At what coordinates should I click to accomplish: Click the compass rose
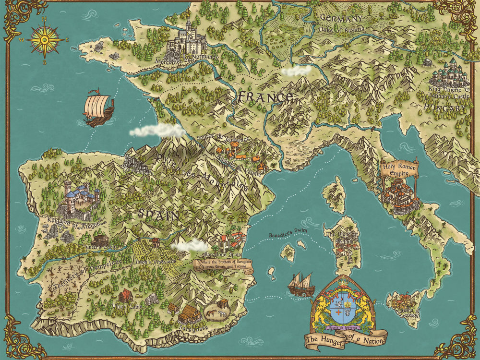(x=45, y=40)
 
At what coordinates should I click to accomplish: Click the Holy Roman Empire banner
(x=399, y=169)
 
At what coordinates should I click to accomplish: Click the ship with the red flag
(x=98, y=108)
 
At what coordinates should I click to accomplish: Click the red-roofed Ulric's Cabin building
(x=125, y=296)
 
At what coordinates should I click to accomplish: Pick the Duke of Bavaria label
(x=342, y=29)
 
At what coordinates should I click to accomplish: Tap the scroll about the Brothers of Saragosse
(x=223, y=265)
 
